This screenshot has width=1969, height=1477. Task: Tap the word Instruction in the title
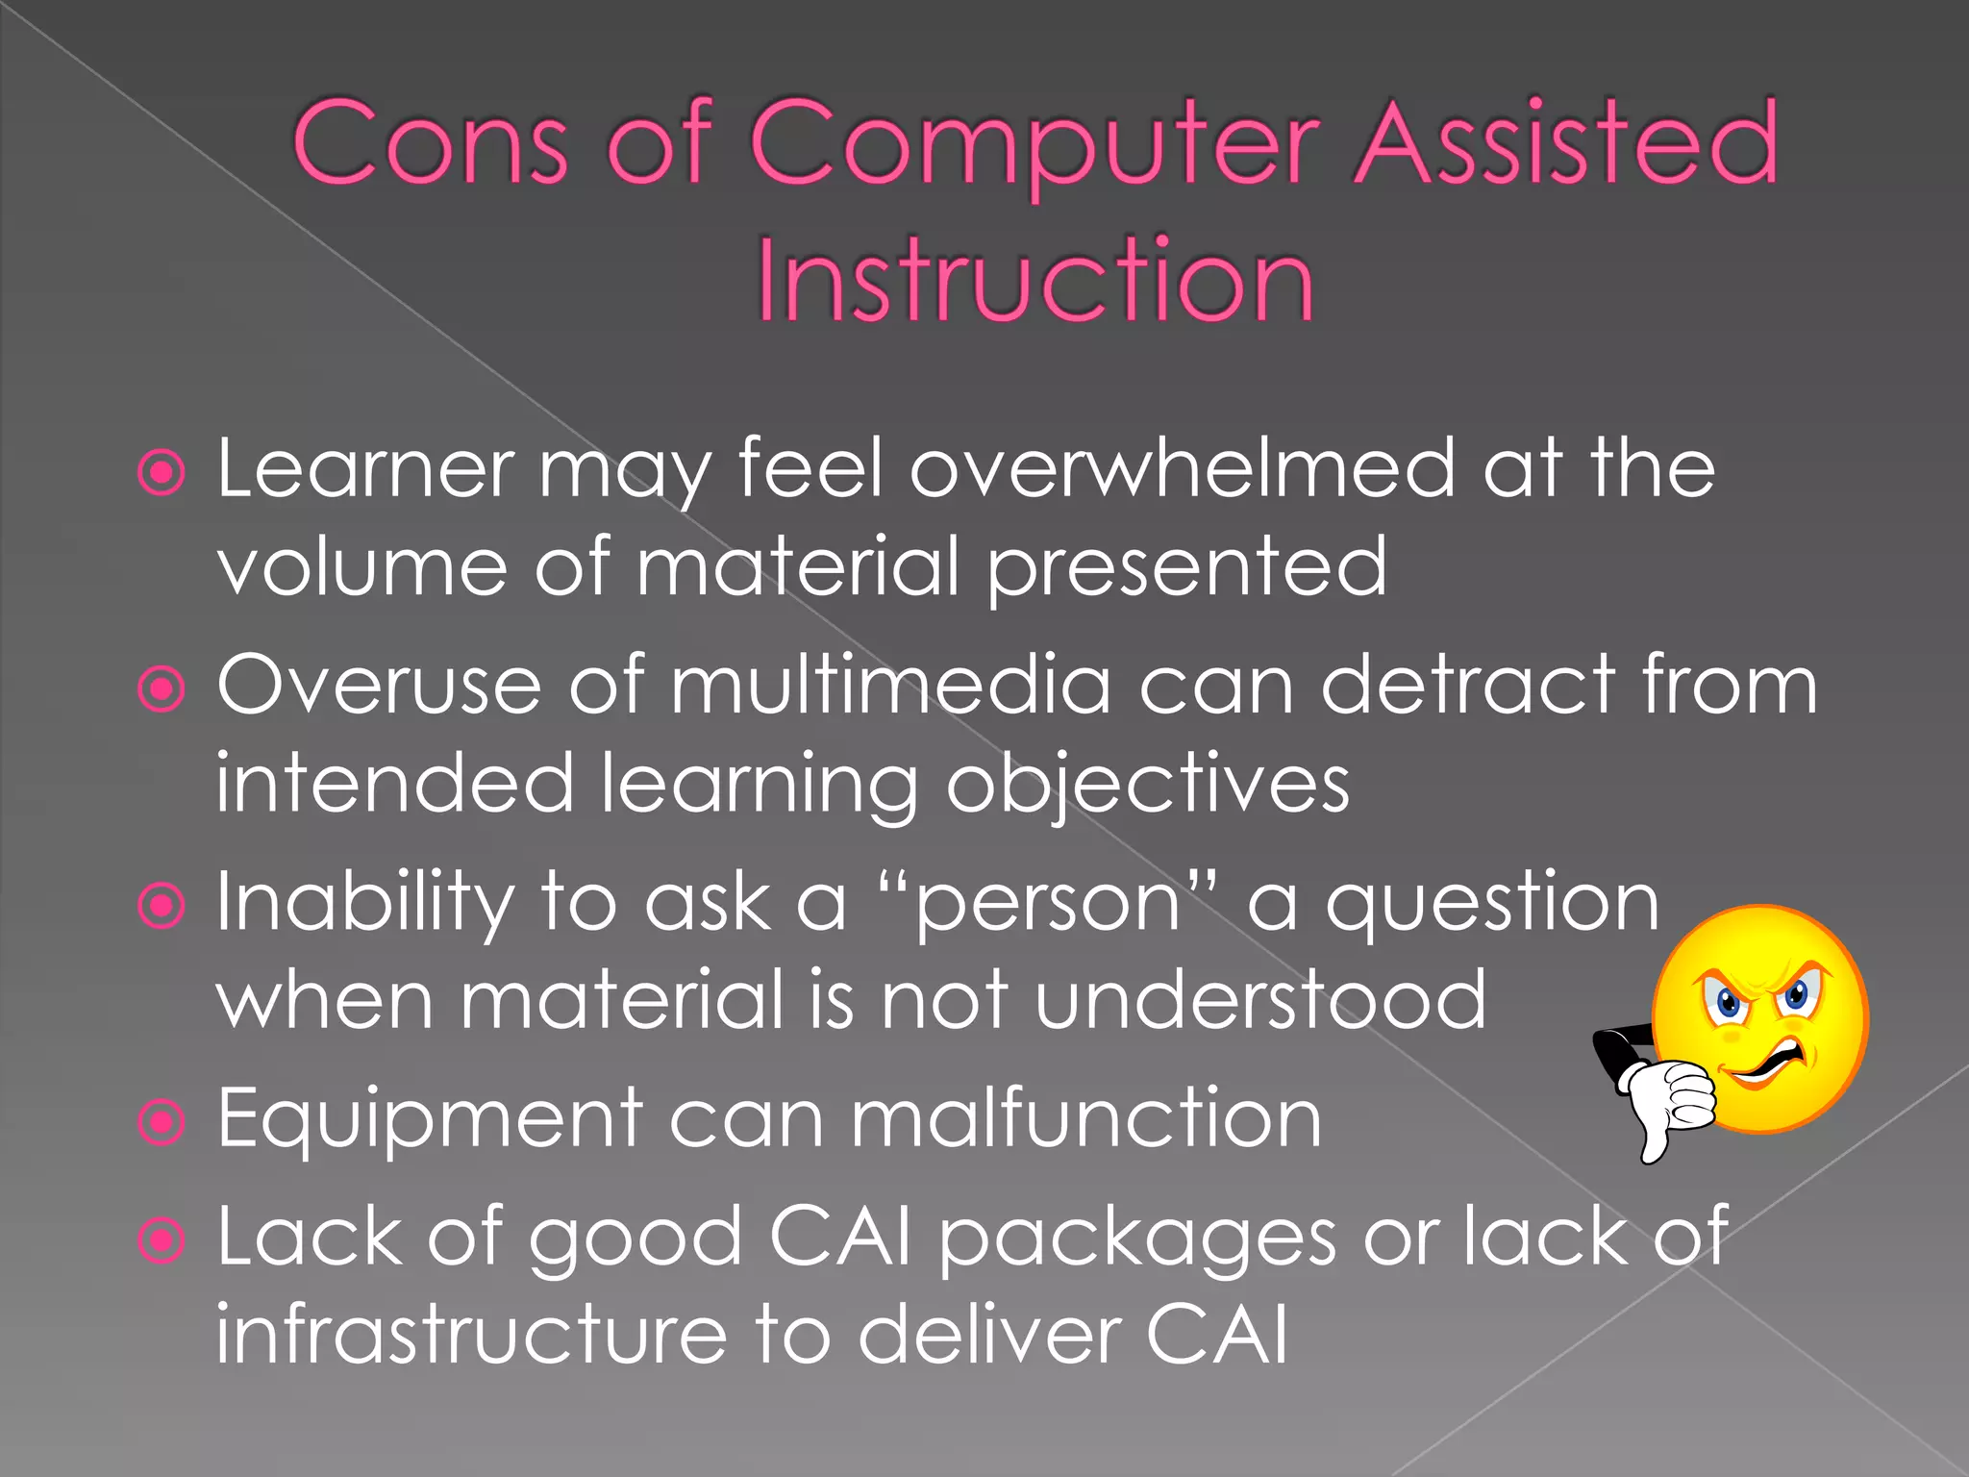click(x=1034, y=281)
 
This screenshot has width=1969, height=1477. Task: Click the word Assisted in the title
click(x=1565, y=144)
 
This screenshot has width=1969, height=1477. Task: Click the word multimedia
click(x=890, y=685)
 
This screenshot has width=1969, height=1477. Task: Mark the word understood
click(x=1260, y=1000)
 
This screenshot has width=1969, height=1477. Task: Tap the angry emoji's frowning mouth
click(x=1769, y=1063)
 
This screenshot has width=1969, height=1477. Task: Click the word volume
click(x=361, y=567)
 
